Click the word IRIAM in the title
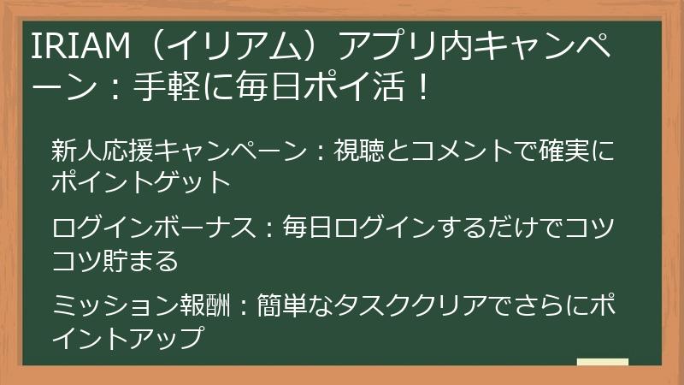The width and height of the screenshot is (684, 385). (74, 47)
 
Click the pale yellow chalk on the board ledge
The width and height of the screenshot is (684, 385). (602, 362)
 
